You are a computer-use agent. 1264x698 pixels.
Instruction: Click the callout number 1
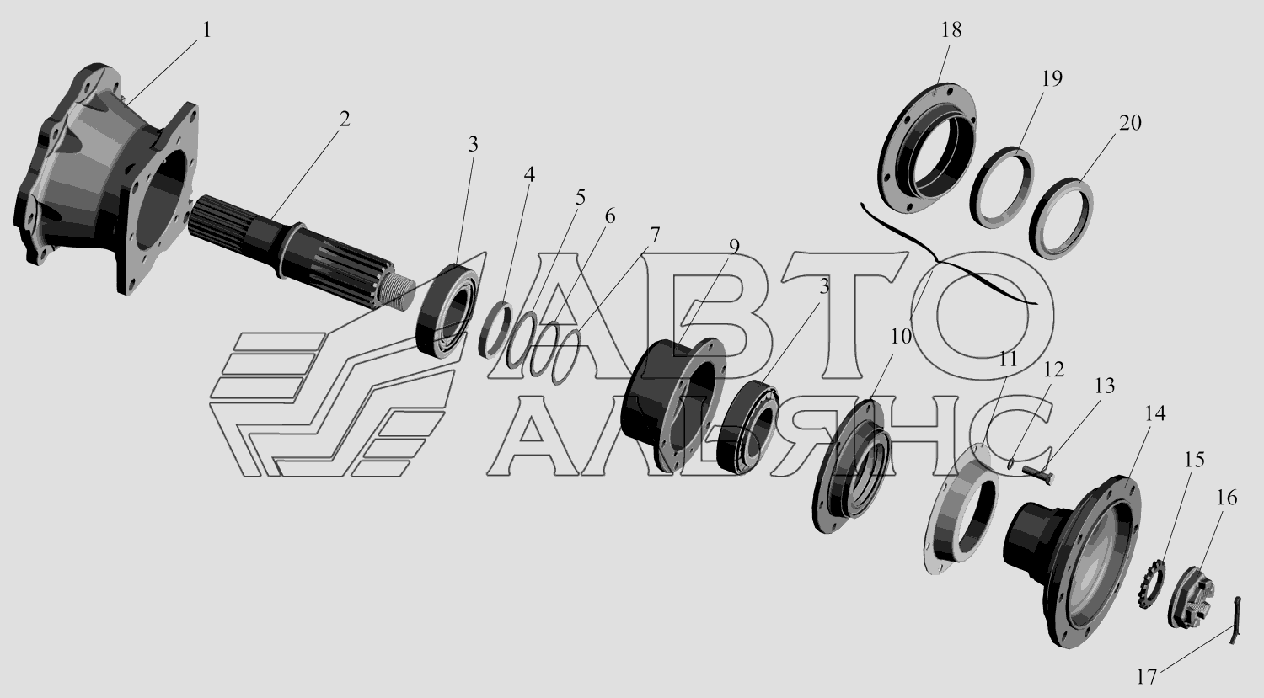coord(206,30)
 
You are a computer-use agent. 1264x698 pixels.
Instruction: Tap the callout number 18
coord(951,29)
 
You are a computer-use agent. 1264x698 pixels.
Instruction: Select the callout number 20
coord(1129,122)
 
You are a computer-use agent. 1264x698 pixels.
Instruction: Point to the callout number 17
coord(1146,677)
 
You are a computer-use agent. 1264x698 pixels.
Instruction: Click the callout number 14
coord(1154,414)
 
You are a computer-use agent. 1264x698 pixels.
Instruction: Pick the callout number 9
coord(734,247)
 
